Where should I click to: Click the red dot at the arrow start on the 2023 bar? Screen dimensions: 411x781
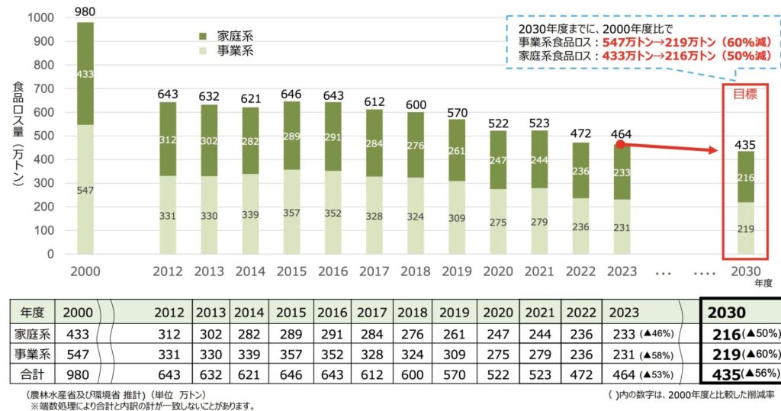(x=621, y=143)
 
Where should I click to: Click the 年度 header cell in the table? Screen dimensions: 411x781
(x=31, y=313)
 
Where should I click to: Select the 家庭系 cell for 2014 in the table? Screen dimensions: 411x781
(x=249, y=333)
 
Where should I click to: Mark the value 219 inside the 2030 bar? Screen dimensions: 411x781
(x=744, y=228)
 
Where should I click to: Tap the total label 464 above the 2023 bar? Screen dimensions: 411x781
(x=622, y=134)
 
